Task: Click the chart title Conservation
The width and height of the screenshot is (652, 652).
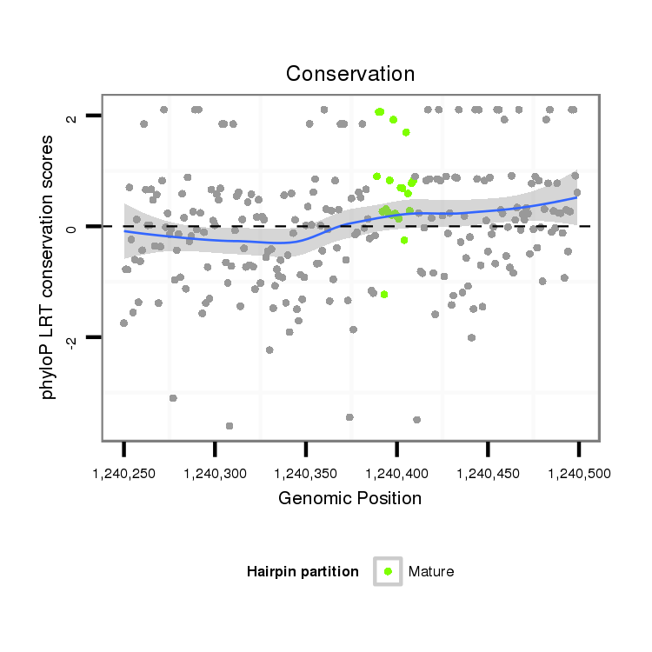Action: [x=349, y=74]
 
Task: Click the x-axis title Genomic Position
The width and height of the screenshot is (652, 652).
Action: [x=349, y=498]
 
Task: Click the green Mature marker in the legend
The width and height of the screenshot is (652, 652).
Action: [x=388, y=571]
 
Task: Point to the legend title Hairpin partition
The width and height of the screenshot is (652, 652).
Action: [x=303, y=571]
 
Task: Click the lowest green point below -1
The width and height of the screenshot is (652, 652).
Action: [x=383, y=295]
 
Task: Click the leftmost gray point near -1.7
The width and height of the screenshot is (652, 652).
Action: [x=124, y=323]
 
